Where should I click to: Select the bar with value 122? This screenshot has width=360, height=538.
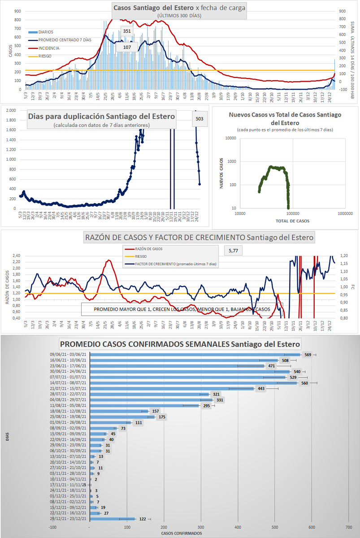(112, 519)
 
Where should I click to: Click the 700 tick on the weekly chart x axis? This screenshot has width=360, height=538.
(349, 527)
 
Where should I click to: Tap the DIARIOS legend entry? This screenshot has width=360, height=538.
(45, 32)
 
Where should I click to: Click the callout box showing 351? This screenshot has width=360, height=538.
(127, 31)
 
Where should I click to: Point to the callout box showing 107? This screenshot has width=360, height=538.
(127, 47)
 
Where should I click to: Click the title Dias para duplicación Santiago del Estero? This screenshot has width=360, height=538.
(102, 116)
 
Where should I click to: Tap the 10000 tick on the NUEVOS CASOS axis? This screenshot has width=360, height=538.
(231, 138)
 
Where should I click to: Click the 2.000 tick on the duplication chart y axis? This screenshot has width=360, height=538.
(11, 111)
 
